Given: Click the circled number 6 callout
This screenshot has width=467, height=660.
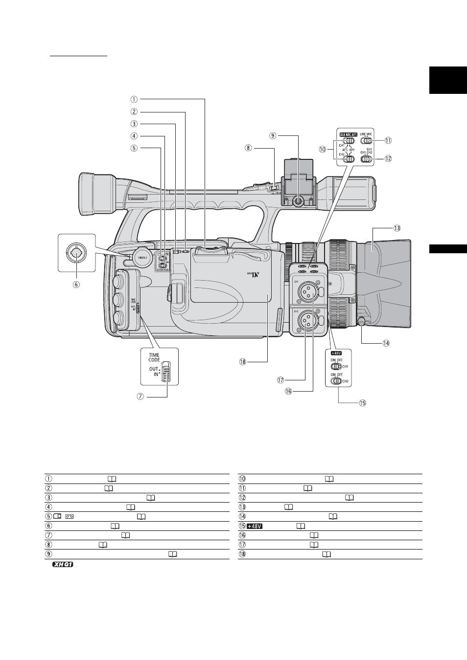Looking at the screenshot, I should [77, 283].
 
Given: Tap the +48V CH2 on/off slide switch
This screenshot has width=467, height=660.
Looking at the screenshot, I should [336, 381].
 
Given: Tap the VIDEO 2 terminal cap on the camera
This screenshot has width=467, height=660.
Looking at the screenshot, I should [141, 258].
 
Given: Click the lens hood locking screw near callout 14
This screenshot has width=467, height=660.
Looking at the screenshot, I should [362, 321].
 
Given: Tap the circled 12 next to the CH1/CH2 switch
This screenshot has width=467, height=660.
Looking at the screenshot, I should [388, 158].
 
